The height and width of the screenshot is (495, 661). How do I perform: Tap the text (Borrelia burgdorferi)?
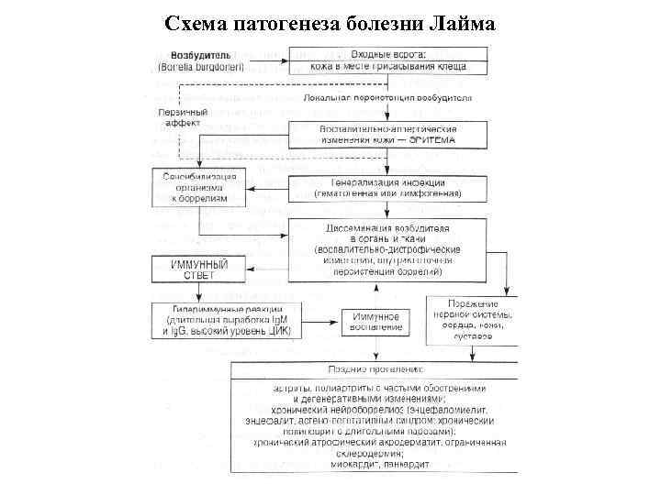pos(194,67)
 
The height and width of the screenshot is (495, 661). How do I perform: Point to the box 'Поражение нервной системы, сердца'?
pos(472,320)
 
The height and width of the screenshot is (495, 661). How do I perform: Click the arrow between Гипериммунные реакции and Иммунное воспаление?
pos(318,322)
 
